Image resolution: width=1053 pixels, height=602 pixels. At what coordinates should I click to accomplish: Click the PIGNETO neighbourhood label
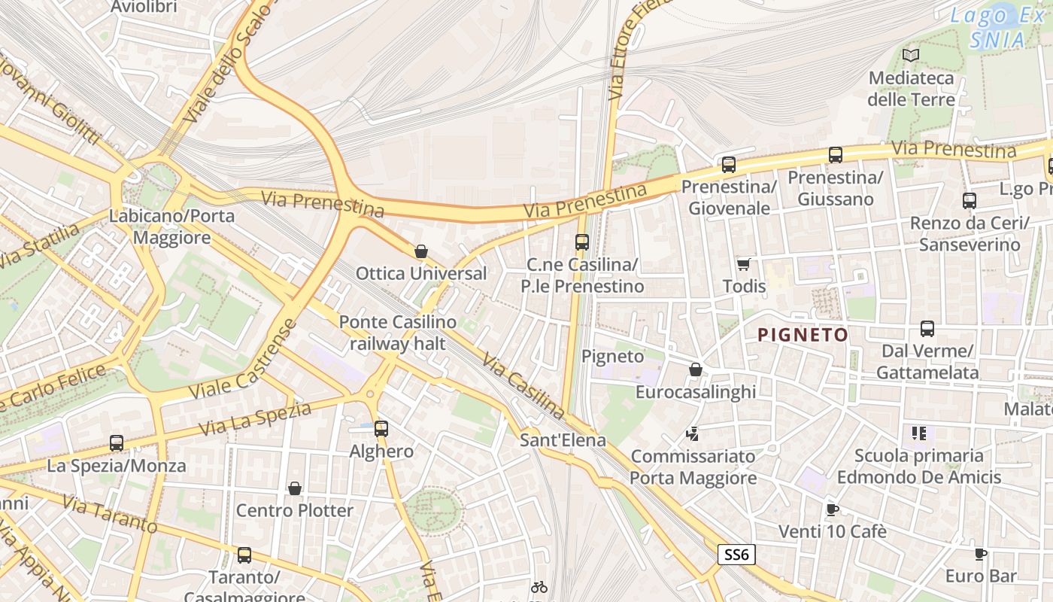803,335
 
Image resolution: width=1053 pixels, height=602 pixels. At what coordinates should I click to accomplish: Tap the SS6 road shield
736,555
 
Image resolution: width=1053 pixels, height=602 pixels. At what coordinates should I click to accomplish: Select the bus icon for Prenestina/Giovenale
728,165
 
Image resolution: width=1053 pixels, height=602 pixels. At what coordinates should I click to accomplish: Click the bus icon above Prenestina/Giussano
835,155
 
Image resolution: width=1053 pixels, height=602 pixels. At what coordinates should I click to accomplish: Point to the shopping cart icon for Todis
744,264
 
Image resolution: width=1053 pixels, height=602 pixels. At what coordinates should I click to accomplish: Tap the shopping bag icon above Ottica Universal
421,251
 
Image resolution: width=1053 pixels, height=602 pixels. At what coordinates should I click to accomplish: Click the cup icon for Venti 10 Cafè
832,509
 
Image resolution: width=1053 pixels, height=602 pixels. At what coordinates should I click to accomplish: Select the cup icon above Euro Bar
980,555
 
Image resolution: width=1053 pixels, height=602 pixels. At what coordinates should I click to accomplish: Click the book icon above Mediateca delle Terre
911,55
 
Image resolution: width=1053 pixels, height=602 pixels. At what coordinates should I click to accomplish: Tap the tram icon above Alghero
381,429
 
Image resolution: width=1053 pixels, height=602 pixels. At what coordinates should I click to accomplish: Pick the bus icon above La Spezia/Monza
116,443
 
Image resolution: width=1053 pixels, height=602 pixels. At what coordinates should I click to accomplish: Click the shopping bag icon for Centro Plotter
295,488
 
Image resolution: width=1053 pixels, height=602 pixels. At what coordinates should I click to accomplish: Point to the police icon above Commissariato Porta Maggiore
693,433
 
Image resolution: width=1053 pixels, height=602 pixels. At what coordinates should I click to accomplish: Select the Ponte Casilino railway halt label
397,333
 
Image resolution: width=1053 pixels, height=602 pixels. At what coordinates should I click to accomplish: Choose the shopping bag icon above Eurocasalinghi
696,369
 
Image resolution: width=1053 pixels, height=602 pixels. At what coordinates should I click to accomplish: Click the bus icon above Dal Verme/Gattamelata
927,329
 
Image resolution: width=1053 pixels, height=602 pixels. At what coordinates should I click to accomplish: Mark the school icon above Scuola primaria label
918,433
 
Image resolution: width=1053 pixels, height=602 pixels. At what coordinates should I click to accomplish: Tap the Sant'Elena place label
563,439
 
